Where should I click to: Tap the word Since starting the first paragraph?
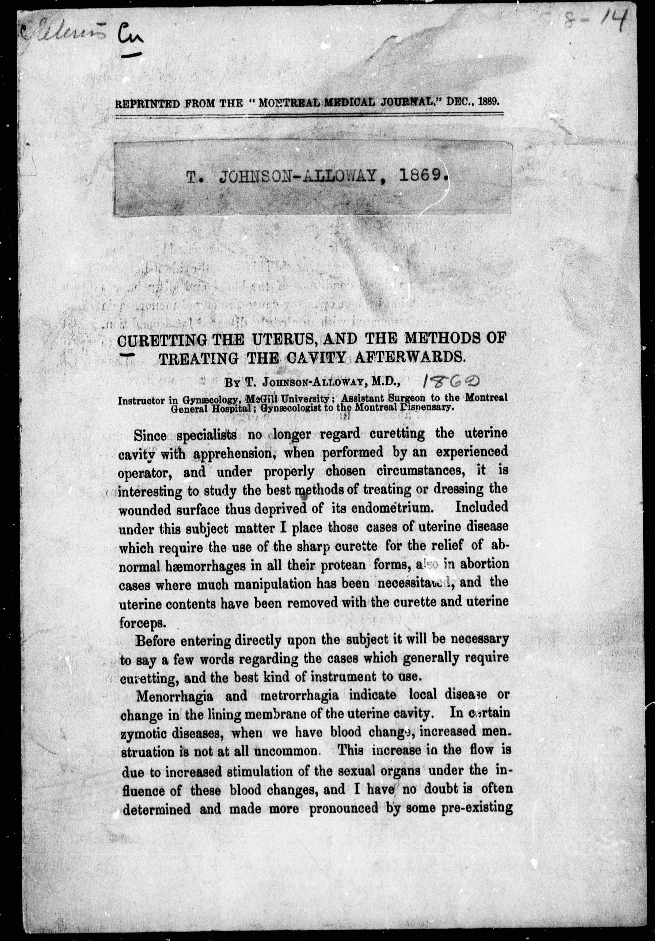click(150, 435)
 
